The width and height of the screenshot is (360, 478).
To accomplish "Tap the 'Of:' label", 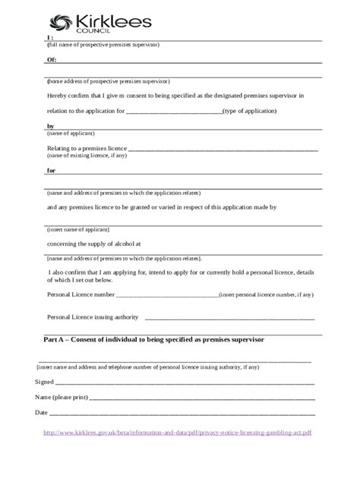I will coord(52,58).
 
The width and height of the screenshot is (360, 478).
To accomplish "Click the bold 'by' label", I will coord(51,125).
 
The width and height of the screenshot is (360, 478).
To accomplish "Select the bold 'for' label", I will coord(52,170).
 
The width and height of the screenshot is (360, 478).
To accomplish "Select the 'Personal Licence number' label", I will coord(81,294).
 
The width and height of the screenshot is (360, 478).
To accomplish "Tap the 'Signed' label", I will coord(45,382).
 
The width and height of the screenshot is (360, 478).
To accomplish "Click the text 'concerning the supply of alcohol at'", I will coord(94,244).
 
